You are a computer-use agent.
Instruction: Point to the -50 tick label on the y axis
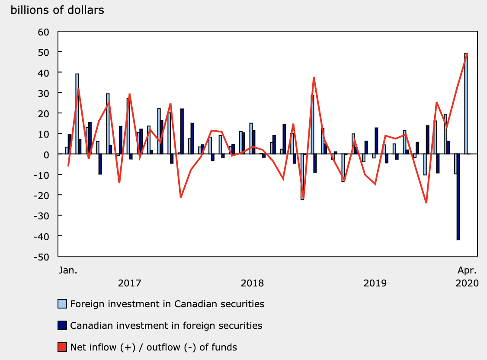(x=42, y=256)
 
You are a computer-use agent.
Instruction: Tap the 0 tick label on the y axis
(x=47, y=154)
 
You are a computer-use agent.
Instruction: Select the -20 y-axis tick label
(x=42, y=195)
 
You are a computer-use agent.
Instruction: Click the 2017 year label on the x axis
(x=129, y=283)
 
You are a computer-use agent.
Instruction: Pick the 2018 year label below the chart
(x=252, y=283)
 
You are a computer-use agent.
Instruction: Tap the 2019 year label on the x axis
(x=375, y=283)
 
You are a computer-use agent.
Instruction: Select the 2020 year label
(x=467, y=283)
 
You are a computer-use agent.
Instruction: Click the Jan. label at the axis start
(x=68, y=271)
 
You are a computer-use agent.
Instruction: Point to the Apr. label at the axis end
(x=467, y=271)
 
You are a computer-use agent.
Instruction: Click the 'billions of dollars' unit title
(x=57, y=10)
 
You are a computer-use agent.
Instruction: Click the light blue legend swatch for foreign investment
(x=62, y=304)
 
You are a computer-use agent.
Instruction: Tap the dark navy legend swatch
(x=62, y=325)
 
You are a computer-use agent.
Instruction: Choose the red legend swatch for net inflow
(x=62, y=347)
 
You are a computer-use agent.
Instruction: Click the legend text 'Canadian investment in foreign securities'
(x=166, y=325)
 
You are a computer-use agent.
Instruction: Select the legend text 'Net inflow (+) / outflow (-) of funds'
(x=154, y=347)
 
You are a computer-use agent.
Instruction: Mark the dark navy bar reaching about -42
(x=458, y=197)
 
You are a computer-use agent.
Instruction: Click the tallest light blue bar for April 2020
(x=466, y=104)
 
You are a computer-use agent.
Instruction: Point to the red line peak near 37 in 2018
(x=314, y=77)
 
